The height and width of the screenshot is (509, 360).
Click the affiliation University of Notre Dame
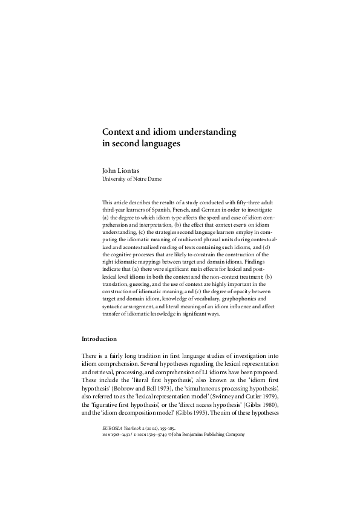(131, 179)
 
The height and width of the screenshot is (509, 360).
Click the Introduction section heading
(99, 339)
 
